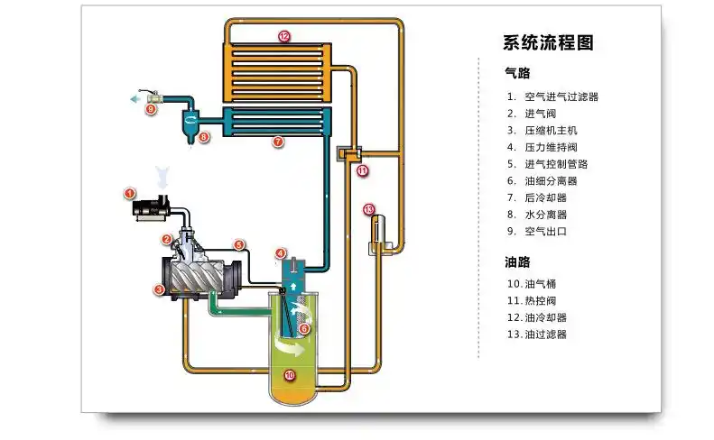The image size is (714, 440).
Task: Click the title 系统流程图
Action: (x=548, y=42)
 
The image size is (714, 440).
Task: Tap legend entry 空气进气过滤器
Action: (x=561, y=96)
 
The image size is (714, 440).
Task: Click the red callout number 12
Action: (x=284, y=37)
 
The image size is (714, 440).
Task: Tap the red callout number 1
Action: (x=129, y=193)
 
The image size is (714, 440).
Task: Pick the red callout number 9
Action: (x=151, y=108)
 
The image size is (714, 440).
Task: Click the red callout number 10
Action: (x=290, y=375)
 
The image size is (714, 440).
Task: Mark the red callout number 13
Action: (x=368, y=209)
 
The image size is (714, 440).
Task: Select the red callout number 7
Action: (x=278, y=142)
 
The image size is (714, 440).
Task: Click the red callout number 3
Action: (x=159, y=290)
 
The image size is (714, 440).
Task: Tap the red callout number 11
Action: (x=362, y=170)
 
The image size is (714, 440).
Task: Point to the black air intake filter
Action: (x=153, y=208)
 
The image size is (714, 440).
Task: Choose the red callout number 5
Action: (x=239, y=243)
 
